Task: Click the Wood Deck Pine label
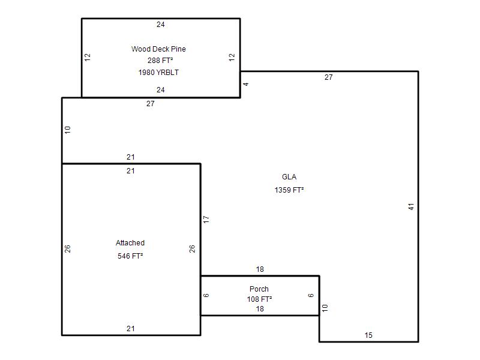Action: [158, 49]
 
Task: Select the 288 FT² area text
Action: [160, 61]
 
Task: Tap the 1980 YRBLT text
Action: [158, 72]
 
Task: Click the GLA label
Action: [289, 177]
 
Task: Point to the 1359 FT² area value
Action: [289, 190]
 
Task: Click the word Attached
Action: [130, 243]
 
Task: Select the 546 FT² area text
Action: [130, 256]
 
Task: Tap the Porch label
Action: [259, 289]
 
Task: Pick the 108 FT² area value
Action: [260, 299]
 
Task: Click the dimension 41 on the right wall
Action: [411, 206]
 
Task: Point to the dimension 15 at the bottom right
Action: [368, 335]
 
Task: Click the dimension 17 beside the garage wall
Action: [206, 220]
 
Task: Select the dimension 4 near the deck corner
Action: [246, 84]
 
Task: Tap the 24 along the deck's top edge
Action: [161, 25]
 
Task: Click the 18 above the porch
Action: [260, 269]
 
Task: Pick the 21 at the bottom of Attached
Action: [131, 328]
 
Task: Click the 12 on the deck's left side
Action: [88, 57]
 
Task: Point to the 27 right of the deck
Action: [328, 77]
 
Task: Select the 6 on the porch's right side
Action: [311, 295]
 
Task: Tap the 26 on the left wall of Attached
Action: [68, 248]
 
